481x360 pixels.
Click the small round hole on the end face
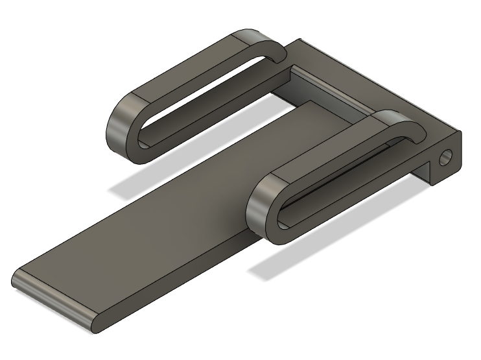click(x=446, y=157)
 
